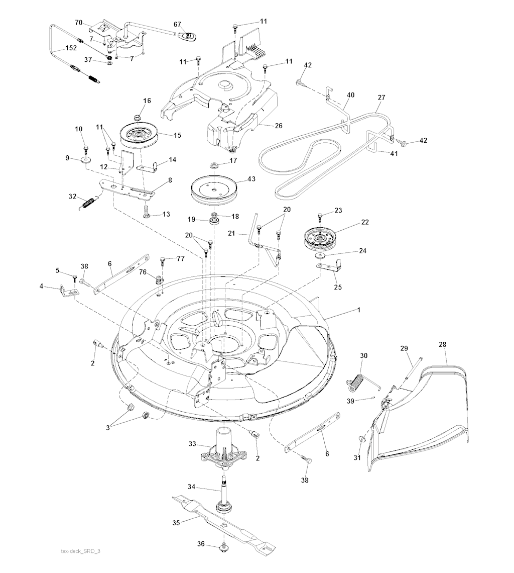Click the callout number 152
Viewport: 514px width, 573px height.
(x=70, y=49)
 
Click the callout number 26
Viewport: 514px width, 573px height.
(x=279, y=126)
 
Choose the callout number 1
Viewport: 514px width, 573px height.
(x=359, y=310)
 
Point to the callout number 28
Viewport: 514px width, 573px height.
(x=442, y=345)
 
